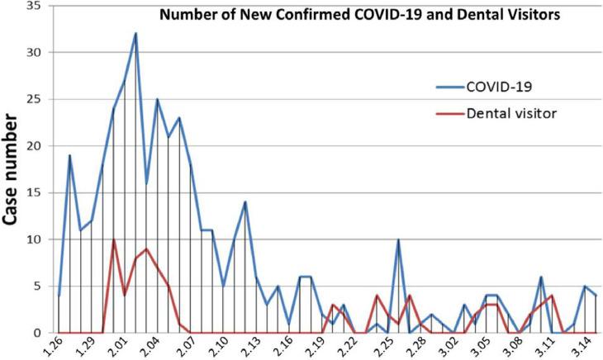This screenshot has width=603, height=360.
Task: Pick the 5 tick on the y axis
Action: (39, 287)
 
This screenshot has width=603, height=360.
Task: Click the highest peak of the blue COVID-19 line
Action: (135, 33)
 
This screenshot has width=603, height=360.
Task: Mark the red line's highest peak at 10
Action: (113, 239)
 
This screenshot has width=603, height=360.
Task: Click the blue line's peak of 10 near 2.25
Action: (398, 239)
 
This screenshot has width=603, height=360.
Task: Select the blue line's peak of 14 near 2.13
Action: (245, 201)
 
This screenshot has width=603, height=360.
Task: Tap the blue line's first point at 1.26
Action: (59, 295)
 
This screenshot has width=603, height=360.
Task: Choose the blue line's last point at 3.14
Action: (596, 295)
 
